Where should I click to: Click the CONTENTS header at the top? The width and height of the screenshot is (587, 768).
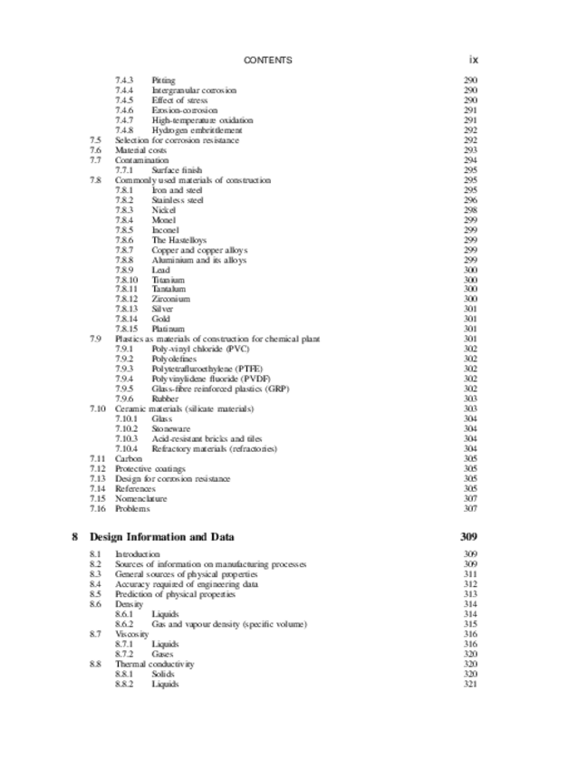click(268, 60)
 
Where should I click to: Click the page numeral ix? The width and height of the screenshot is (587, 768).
click(473, 60)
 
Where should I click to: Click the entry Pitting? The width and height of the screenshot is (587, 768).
click(163, 81)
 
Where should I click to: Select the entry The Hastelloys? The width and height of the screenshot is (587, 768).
click(178, 240)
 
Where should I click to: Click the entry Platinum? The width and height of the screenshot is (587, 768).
click(168, 329)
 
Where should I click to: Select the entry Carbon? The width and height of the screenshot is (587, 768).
click(129, 458)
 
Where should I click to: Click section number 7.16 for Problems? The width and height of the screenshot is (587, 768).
click(97, 508)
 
